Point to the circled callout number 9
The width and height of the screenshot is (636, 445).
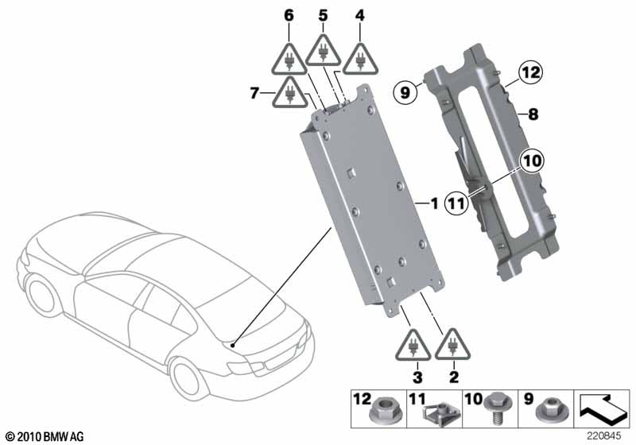(405, 94)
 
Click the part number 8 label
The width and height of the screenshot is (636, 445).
(532, 114)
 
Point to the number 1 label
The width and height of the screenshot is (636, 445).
(434, 203)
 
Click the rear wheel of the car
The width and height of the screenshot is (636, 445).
(188, 378)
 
